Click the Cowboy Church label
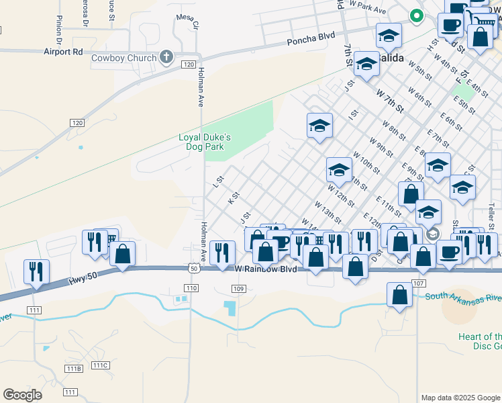pyautogui.click(x=124, y=58)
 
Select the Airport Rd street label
pyautogui.click(x=63, y=51)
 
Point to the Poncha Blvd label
pyautogui.click(x=311, y=41)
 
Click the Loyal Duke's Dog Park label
pyautogui.click(x=205, y=142)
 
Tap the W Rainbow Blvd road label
pyautogui.click(x=266, y=269)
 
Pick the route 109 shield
pyautogui.click(x=238, y=288)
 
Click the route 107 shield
pyautogui.click(x=419, y=283)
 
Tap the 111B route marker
pyautogui.click(x=74, y=369)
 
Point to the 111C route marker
pyautogui.click(x=101, y=365)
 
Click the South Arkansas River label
pyautogui.click(x=463, y=296)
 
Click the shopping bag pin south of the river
pyautogui.click(x=399, y=295)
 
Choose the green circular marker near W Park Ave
pyautogui.click(x=416, y=15)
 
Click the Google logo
pyautogui.click(x=22, y=395)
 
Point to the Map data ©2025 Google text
pyautogui.click(x=460, y=398)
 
